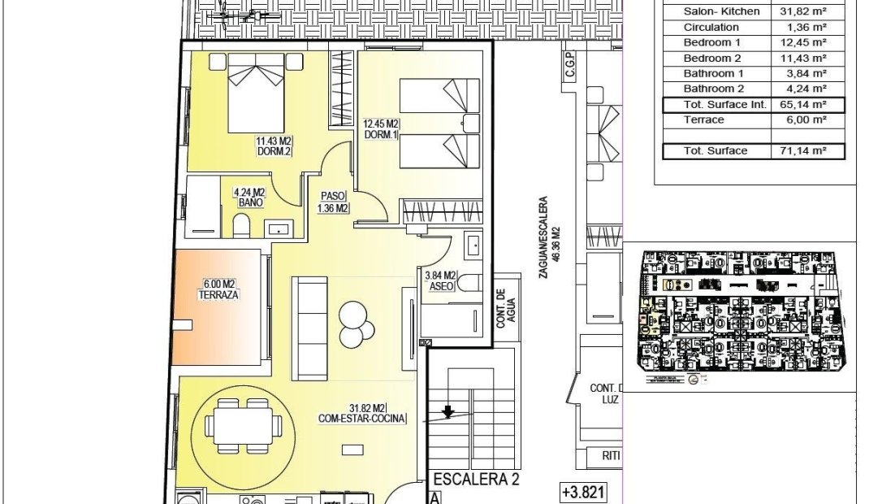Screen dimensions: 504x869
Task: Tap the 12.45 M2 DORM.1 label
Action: click(x=381, y=129)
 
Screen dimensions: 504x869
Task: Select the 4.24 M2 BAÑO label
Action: click(x=249, y=198)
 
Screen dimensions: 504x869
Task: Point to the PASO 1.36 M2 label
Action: click(x=334, y=202)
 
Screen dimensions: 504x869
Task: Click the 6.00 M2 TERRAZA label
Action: click(x=218, y=289)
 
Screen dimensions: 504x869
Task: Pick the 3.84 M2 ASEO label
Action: click(x=440, y=280)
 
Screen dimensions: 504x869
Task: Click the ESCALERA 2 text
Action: click(x=477, y=480)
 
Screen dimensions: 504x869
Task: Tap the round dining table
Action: click(x=244, y=425)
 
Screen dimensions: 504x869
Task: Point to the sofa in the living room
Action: click(x=309, y=328)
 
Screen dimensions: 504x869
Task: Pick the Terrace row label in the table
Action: click(x=703, y=119)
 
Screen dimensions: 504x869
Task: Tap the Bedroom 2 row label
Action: click(x=712, y=59)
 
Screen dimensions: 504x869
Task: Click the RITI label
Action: click(x=612, y=457)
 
